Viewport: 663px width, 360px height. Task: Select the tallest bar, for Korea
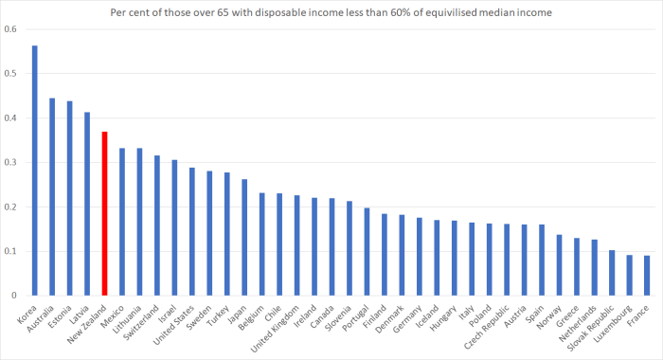[x=34, y=171]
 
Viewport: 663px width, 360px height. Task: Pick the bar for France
[x=646, y=276]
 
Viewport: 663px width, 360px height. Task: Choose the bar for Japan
[x=244, y=238]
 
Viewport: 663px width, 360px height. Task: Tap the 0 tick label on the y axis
[x=13, y=297]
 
